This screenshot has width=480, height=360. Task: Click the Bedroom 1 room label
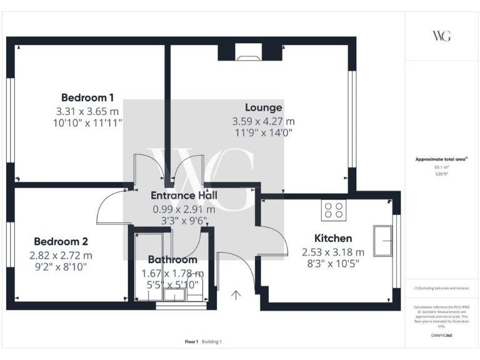87,97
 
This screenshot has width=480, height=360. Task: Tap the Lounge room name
263,107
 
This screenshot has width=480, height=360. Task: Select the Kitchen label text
332,238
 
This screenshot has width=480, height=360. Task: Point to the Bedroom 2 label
61,241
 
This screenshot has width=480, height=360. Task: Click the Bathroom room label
172,259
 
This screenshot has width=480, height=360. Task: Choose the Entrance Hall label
184,196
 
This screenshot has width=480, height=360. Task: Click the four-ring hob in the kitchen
334,210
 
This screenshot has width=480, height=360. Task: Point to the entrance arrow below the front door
237,295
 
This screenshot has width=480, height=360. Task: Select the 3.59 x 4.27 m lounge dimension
263,121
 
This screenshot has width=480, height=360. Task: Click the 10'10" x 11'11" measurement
87,123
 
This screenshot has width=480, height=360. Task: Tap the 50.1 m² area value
441,167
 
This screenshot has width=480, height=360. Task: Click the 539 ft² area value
441,174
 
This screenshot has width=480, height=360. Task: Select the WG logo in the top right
441,36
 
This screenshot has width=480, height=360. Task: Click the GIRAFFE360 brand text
441,336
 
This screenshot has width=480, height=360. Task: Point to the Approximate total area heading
441,159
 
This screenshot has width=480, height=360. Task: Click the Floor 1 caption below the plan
191,342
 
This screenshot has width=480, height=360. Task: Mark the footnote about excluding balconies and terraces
441,288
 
